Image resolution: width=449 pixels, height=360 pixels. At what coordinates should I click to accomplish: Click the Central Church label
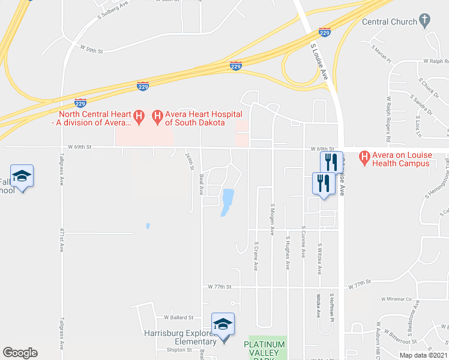coord(389,22)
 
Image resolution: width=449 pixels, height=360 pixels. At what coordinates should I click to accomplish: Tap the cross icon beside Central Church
coord(424,22)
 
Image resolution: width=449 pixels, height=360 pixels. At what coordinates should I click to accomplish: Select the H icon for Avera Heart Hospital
coord(158,114)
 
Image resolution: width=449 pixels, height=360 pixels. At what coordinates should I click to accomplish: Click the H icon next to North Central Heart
coord(139,114)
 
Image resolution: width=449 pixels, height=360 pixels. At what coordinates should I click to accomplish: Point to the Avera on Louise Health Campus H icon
coord(364,159)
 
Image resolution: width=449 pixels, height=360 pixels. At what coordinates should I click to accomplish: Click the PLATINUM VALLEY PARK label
coord(266,348)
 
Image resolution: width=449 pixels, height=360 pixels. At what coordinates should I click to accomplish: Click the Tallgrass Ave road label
coord(62,170)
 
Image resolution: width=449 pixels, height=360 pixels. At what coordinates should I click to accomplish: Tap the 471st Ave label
coord(62,237)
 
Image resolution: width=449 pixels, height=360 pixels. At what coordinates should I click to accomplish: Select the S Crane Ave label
coord(256,256)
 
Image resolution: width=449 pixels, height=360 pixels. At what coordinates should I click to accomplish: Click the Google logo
coord(20,353)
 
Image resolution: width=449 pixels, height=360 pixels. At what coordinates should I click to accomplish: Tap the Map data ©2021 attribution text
coord(423,355)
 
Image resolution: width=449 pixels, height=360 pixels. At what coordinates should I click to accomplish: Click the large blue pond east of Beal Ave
coord(227,202)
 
